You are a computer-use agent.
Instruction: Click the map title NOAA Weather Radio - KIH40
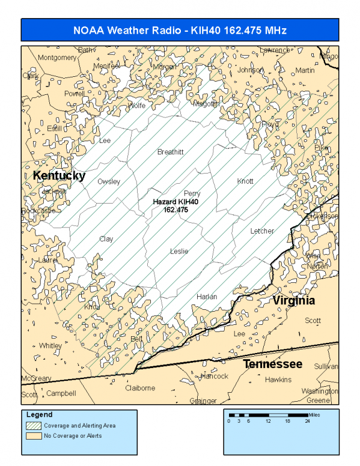pos(180,30)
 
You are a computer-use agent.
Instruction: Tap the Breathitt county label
pos(170,152)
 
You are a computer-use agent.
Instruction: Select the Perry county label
pos(192,193)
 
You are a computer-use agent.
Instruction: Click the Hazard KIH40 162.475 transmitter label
pos(175,206)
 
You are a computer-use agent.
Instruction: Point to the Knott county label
pos(245,181)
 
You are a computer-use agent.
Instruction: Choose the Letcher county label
pos(262,231)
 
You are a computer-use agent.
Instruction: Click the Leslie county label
pos(179,251)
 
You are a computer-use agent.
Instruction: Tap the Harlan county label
pos(207,297)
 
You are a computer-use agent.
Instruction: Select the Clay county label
pos(106,239)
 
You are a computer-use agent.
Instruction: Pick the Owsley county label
pos(109,181)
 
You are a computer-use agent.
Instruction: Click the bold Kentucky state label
pos(59,175)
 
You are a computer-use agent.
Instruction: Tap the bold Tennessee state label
pos(272,364)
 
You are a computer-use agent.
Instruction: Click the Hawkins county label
pos(278,380)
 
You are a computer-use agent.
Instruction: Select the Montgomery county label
pos(57,58)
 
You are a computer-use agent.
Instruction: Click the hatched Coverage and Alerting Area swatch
pos(33,425)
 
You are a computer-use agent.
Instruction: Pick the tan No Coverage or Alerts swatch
pos(33,435)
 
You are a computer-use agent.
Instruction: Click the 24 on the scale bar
pos(307,422)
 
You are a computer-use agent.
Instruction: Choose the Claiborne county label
pos(140,388)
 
